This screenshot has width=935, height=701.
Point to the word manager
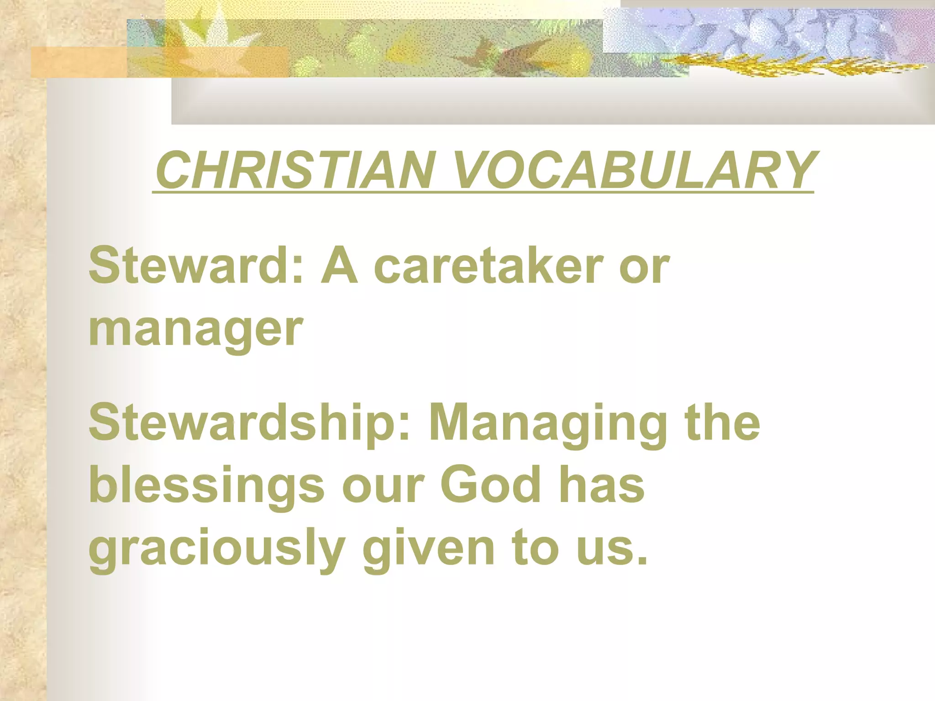(x=195, y=330)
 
